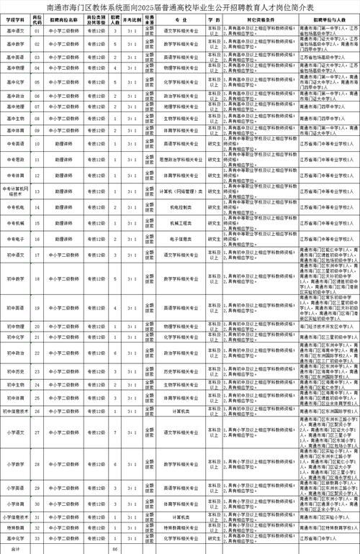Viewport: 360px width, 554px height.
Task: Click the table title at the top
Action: [180, 6]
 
